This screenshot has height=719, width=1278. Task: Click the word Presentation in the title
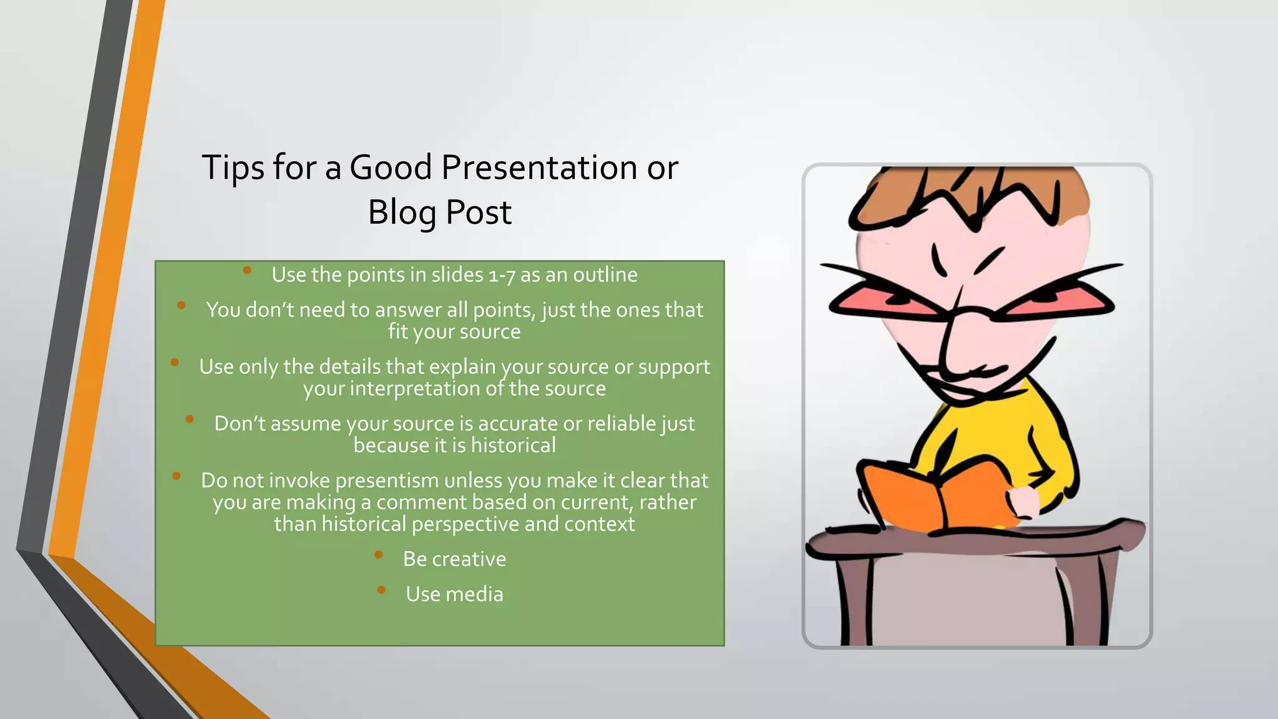coord(539,168)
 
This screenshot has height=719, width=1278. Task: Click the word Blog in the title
coord(401,213)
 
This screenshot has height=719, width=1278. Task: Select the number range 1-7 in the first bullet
coord(502,275)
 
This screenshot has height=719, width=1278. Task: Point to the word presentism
coord(387,481)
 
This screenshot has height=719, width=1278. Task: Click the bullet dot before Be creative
coord(379,554)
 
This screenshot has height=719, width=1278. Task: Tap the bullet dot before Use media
coord(381,589)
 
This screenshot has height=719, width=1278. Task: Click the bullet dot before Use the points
coord(247,270)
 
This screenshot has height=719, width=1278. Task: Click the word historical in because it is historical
coord(513,446)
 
